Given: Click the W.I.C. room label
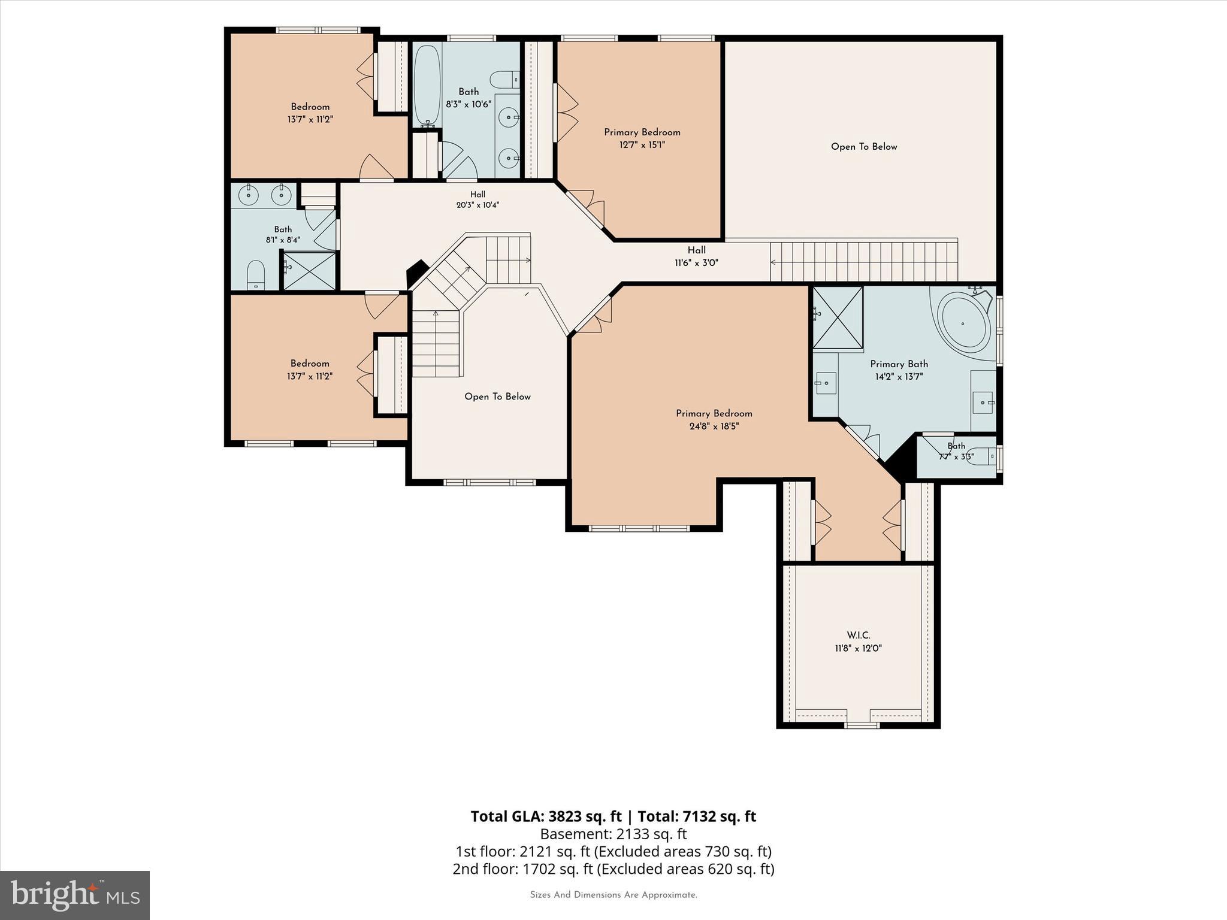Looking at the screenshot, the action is [x=858, y=635].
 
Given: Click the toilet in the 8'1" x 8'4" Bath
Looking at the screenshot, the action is [x=256, y=275].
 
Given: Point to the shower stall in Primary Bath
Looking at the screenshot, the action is [x=838, y=317].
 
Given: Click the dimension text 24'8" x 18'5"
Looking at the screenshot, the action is [x=714, y=426].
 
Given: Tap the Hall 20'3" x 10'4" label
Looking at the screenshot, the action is [x=477, y=199].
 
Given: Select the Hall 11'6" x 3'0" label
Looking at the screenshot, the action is [x=696, y=256].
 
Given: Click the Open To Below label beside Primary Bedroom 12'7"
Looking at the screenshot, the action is [x=864, y=147].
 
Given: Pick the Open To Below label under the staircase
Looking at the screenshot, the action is [x=497, y=397].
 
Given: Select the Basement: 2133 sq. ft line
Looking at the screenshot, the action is [x=613, y=834].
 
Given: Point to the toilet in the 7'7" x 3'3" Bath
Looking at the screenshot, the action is [x=983, y=457].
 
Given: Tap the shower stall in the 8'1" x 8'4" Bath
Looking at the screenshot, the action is [x=309, y=271].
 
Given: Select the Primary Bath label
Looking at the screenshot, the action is [x=899, y=364].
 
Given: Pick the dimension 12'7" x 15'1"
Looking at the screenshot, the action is [x=642, y=144].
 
